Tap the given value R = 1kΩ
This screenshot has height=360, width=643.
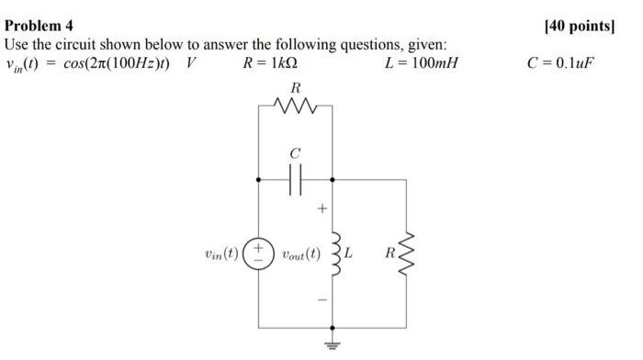coord(270,63)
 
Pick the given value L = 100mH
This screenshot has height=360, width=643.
coord(423,63)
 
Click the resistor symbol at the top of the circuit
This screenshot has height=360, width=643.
coord(295,108)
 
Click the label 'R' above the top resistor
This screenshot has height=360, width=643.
coord(295,88)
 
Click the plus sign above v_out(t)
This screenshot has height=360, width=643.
coord(321,211)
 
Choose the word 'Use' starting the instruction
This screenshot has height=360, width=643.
coord(18,44)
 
